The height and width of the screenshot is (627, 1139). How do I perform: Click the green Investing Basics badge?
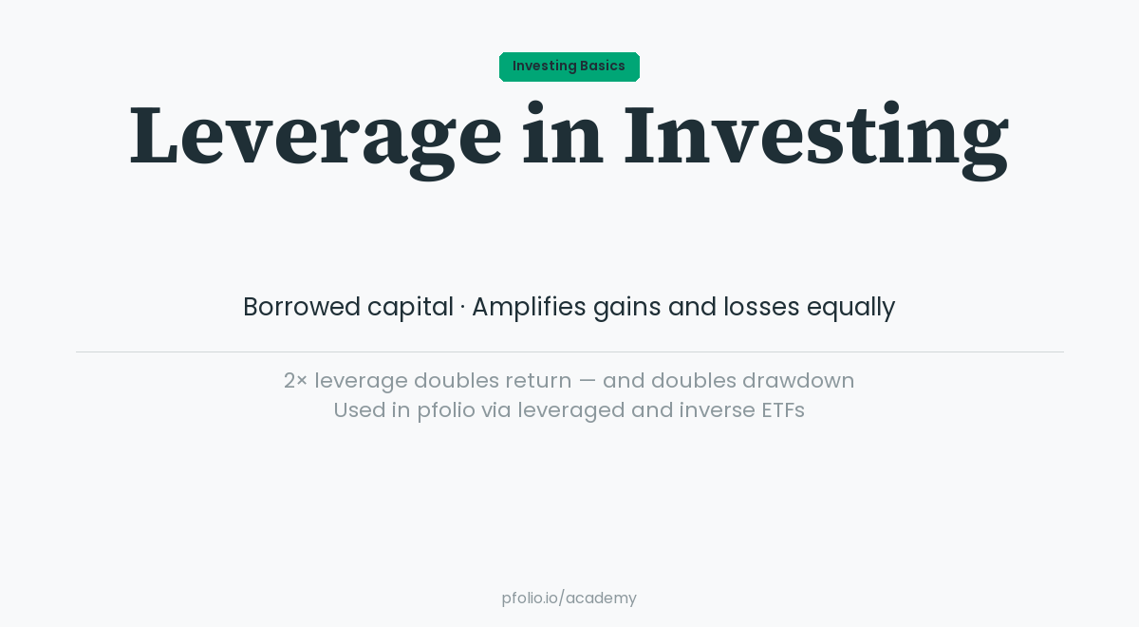point(569,66)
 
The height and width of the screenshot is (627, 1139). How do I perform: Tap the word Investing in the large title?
point(815,136)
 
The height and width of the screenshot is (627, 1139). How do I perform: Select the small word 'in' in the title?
point(562,136)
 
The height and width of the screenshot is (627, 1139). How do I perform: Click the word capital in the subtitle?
point(410,307)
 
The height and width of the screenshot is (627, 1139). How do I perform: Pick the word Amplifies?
point(529,307)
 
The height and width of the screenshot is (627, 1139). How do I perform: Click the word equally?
point(850,307)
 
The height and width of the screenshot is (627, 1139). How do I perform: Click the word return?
point(538,381)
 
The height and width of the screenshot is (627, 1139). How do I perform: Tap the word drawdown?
point(798,381)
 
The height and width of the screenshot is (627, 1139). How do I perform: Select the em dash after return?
point(588,381)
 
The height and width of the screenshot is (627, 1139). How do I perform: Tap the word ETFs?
point(782,410)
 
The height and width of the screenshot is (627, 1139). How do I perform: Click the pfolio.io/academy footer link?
point(569,598)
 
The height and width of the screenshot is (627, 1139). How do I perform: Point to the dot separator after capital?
point(462,308)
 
